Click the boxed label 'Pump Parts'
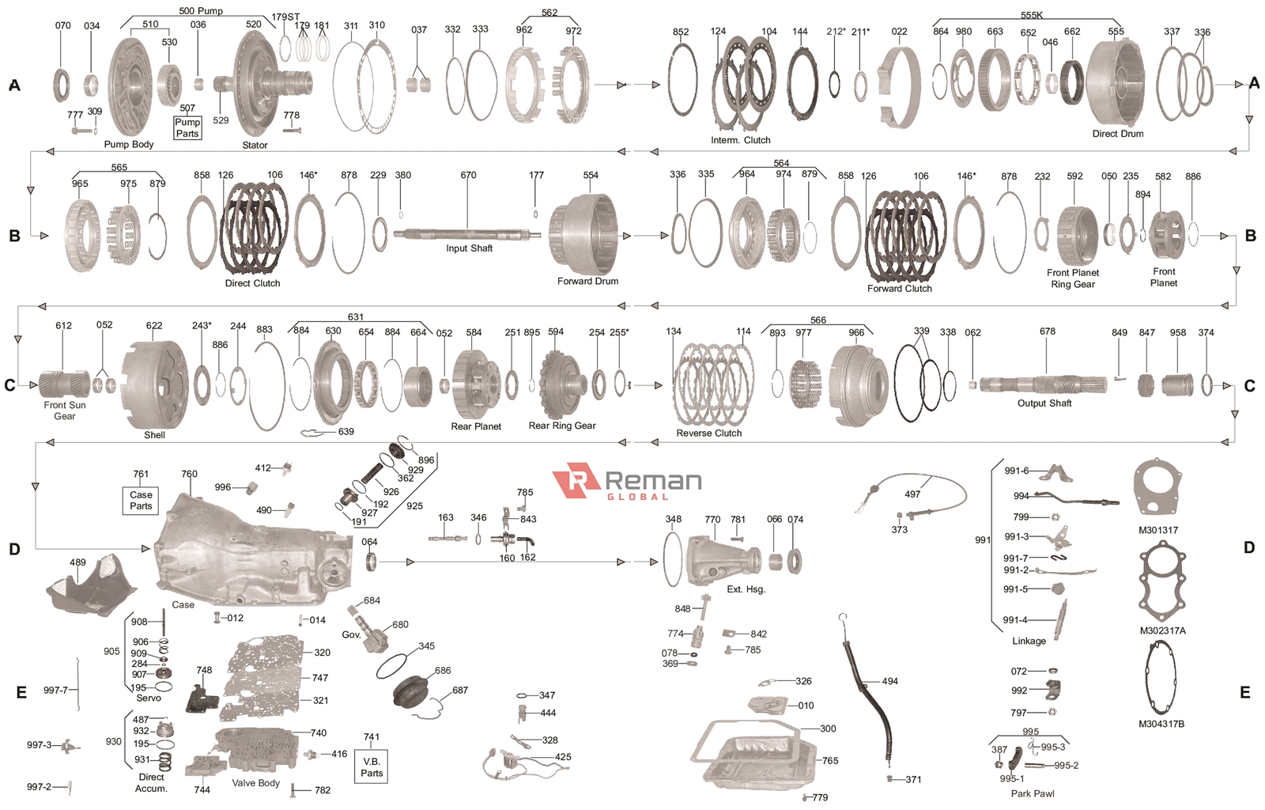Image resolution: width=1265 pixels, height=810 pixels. tap(187, 128)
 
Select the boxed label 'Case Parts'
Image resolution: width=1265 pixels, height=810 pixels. tap(141, 500)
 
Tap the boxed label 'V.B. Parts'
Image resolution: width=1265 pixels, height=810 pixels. tap(372, 767)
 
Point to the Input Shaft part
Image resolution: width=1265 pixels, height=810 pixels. tap(466, 234)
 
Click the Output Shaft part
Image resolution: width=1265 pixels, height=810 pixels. tap(1044, 384)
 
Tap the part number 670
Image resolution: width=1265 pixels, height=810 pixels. tap(468, 176)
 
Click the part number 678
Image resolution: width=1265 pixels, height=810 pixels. tap(1048, 331)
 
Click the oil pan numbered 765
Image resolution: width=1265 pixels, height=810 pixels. tap(759, 755)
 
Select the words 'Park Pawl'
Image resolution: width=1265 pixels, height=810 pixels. tap(1032, 793)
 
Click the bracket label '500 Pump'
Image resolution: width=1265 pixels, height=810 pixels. tap(200, 11)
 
